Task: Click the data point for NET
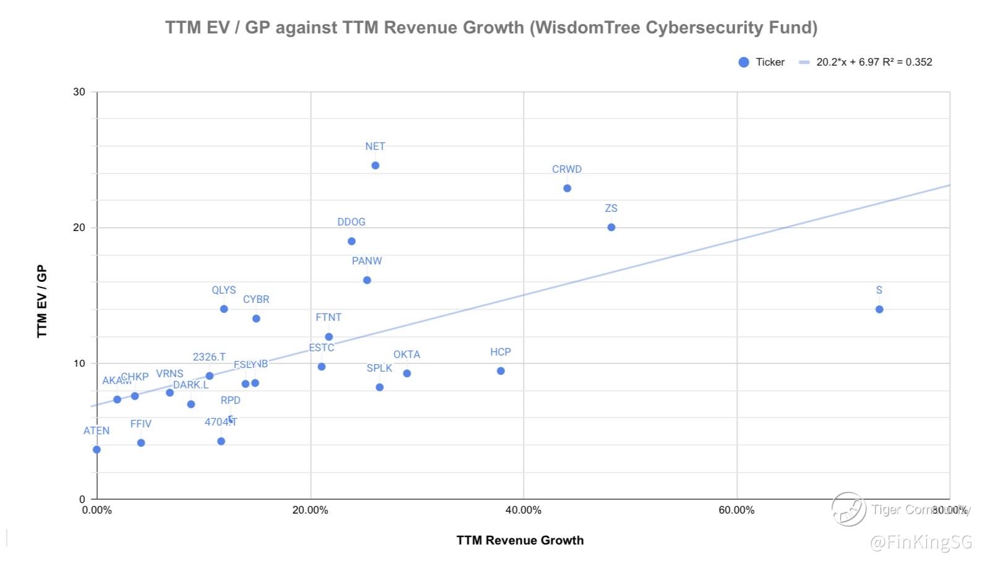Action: pyautogui.click(x=375, y=165)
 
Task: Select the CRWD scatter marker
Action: pyautogui.click(x=567, y=188)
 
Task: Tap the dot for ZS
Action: pyautogui.click(x=611, y=227)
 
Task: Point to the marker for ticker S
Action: pyautogui.click(x=879, y=309)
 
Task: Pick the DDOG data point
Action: pyautogui.click(x=352, y=241)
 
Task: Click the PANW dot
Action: pyautogui.click(x=367, y=280)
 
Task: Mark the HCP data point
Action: pyautogui.click(x=501, y=371)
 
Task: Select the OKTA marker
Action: pyautogui.click(x=407, y=374)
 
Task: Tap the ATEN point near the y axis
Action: pyautogui.click(x=97, y=450)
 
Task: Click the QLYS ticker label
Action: pyautogui.click(x=223, y=290)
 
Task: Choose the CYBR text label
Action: pyautogui.click(x=256, y=299)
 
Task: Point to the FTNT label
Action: pyautogui.click(x=328, y=317)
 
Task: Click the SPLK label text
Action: pyautogui.click(x=379, y=368)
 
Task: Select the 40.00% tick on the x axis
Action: pyautogui.click(x=523, y=510)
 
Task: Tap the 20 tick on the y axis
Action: pyautogui.click(x=79, y=227)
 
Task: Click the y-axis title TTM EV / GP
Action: pyautogui.click(x=42, y=301)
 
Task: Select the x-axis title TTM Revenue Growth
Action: pyautogui.click(x=520, y=540)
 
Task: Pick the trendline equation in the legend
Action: pyautogui.click(x=874, y=62)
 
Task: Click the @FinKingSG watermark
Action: pyautogui.click(x=921, y=543)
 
